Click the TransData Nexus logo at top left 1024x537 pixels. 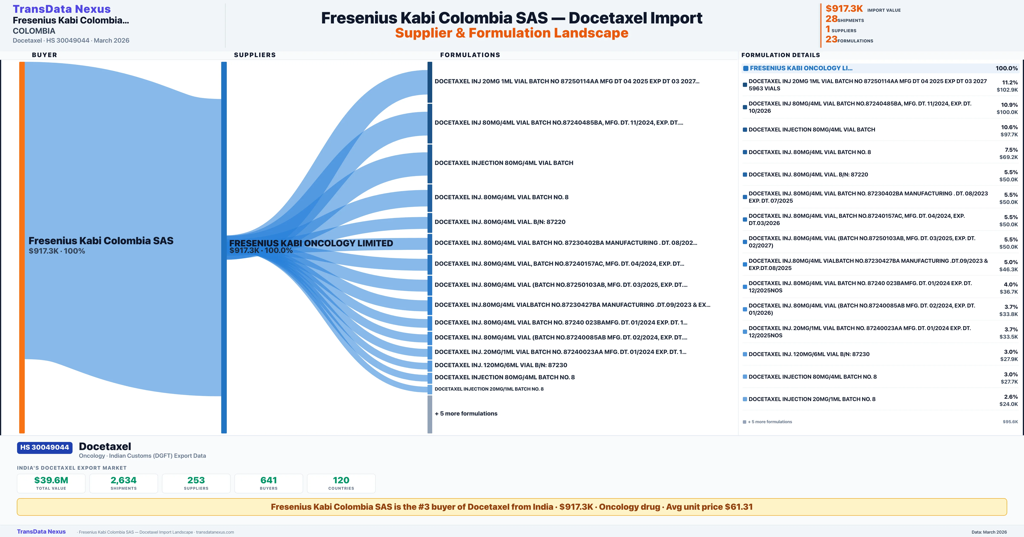pos(62,9)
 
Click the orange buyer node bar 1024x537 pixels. pos(22,247)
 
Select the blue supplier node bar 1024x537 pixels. pos(224,247)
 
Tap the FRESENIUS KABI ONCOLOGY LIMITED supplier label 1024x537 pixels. pos(311,243)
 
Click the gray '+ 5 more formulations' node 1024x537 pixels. pos(430,414)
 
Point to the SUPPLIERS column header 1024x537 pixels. pos(255,55)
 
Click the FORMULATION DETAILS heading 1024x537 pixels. pos(780,55)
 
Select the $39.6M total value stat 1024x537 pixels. pos(51,483)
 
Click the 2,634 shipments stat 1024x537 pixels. pos(124,483)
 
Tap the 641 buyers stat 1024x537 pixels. pos(269,483)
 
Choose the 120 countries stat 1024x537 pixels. pos(341,483)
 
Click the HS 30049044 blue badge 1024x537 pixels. pos(45,447)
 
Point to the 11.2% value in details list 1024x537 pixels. pos(1010,82)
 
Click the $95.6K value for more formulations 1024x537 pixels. pos(1010,422)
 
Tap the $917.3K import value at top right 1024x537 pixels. pos(844,8)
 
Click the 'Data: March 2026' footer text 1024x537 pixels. pos(989,532)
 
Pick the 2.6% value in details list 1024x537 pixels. pos(1011,396)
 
